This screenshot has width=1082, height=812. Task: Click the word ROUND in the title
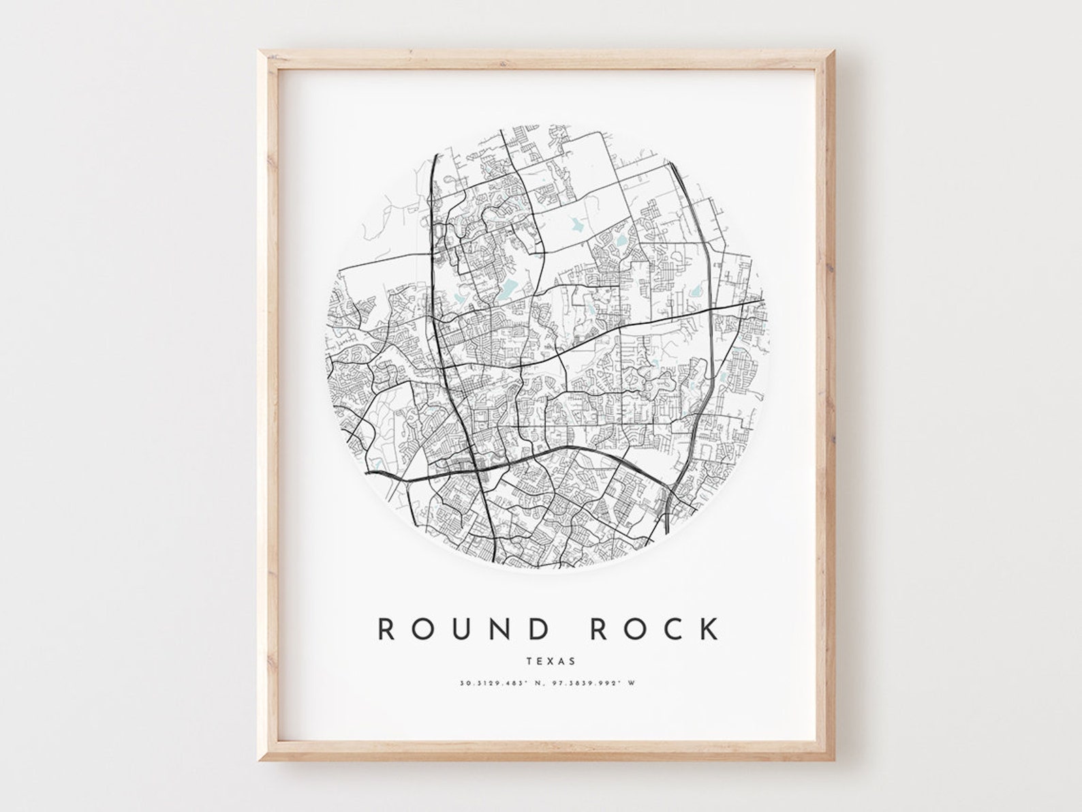(x=463, y=629)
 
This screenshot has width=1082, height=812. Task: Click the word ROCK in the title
(x=654, y=629)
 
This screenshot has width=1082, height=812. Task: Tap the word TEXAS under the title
(x=551, y=661)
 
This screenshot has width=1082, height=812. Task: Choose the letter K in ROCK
(x=709, y=629)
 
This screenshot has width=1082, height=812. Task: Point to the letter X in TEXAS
(x=551, y=661)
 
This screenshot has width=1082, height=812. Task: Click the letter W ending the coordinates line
(x=639, y=682)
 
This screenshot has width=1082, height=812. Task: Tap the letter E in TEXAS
(x=539, y=661)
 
